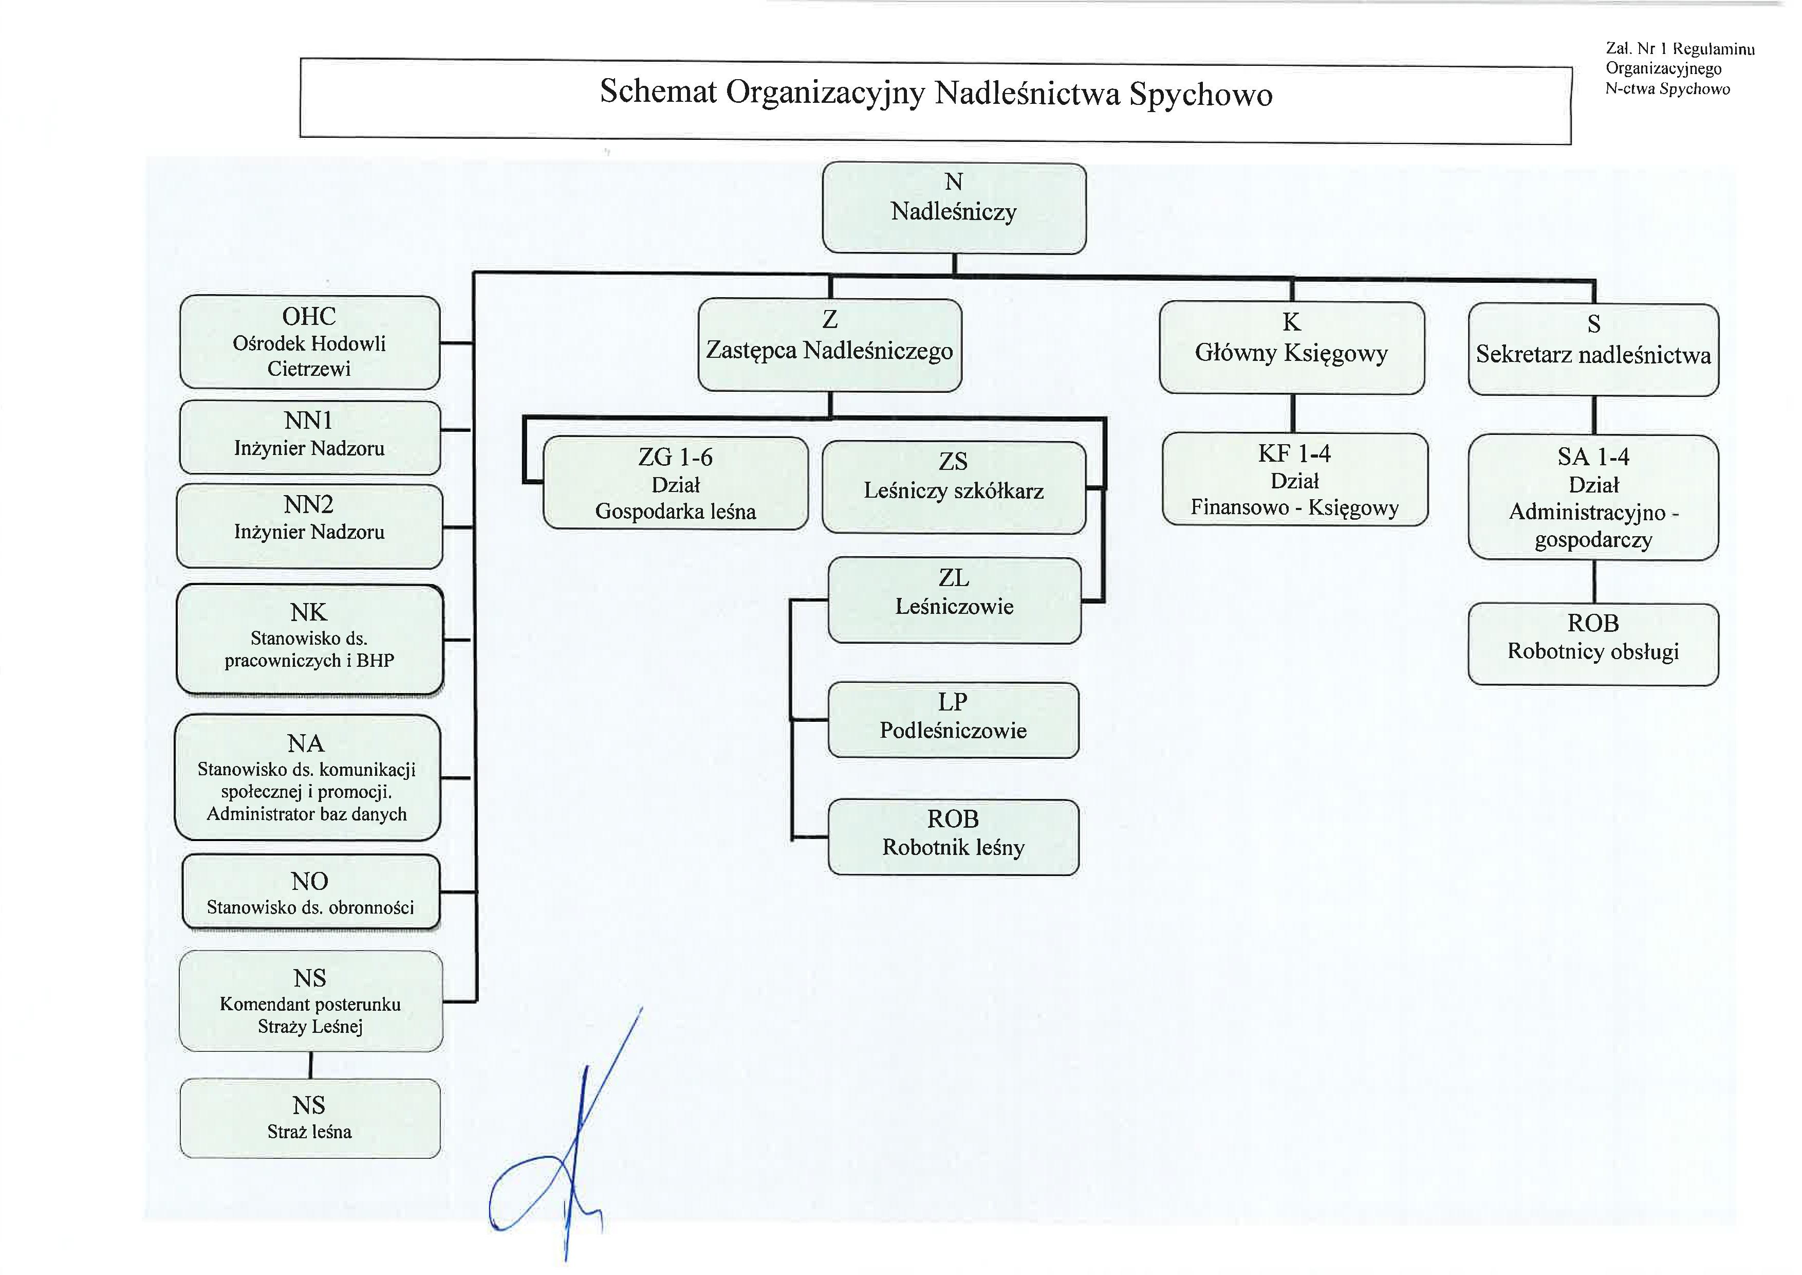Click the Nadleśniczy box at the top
click(954, 208)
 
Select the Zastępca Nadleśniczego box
click(830, 345)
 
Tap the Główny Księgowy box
click(1291, 348)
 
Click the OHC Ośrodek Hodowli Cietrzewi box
click(309, 342)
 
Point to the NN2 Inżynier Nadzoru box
click(309, 526)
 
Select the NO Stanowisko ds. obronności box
click(310, 893)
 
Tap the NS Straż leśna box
click(309, 1118)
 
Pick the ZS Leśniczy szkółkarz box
click(954, 487)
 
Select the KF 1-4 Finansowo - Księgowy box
click(1294, 479)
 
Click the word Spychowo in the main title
click(1201, 94)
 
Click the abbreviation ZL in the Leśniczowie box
click(954, 578)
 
